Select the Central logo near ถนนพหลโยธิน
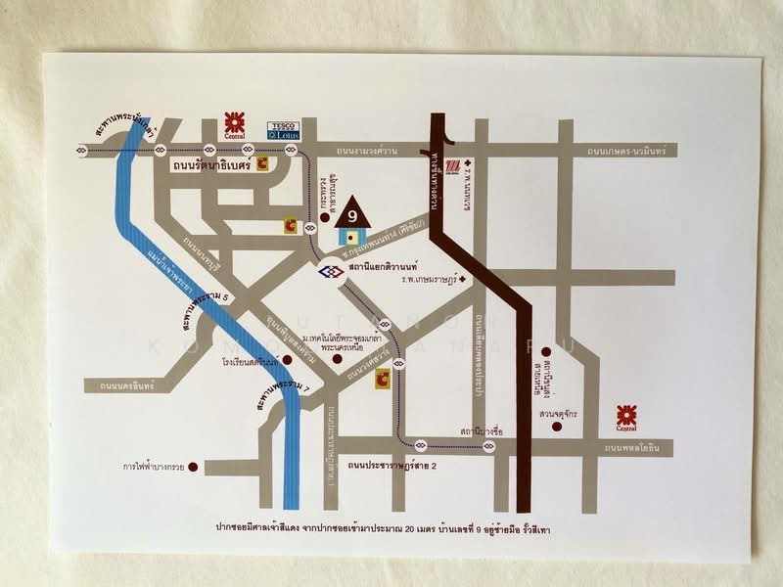626,416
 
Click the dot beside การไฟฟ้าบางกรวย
193,466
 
